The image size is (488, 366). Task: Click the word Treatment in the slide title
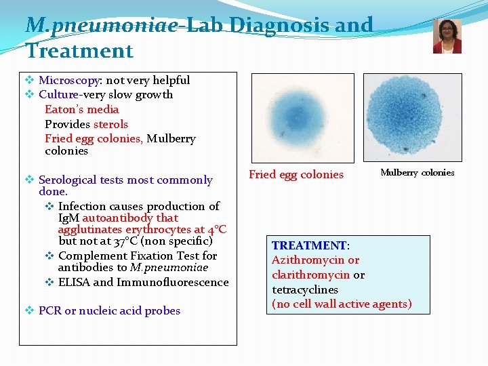coord(79,51)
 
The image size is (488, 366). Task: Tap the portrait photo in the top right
coord(447,36)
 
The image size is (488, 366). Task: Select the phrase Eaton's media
coord(81,109)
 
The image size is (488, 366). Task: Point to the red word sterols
coord(110,124)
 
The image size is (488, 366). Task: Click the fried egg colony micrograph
coord(302,117)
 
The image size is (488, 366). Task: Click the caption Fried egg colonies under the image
coord(296,174)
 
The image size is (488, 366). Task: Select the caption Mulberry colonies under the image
coord(417,173)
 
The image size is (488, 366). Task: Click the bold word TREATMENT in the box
coord(309,245)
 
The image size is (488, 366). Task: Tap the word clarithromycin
coord(310,274)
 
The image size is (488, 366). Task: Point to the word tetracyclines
coord(305,289)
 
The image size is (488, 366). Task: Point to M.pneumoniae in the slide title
coord(102,25)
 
